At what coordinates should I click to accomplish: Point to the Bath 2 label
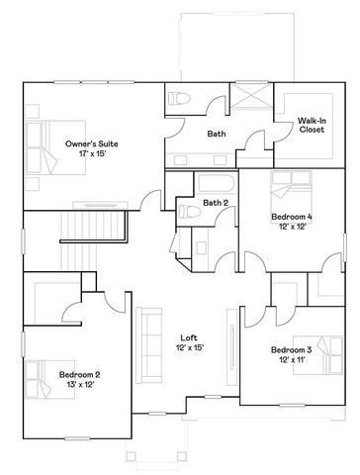(x=216, y=204)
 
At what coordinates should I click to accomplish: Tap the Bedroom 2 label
(x=79, y=374)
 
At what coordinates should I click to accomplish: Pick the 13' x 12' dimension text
(x=79, y=385)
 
